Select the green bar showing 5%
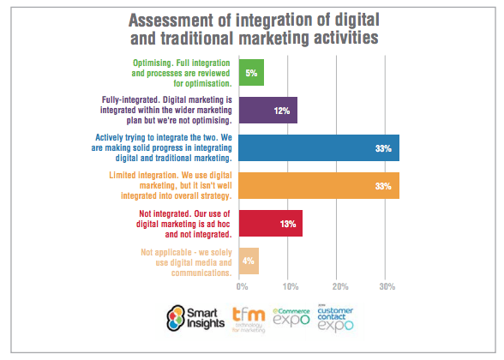click(252, 73)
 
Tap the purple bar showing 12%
click(268, 110)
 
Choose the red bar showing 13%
click(271, 223)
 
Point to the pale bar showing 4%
click(249, 261)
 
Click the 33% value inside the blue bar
click(382, 148)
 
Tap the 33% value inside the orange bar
click(382, 186)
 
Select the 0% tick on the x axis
click(242, 286)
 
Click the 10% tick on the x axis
click(290, 286)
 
